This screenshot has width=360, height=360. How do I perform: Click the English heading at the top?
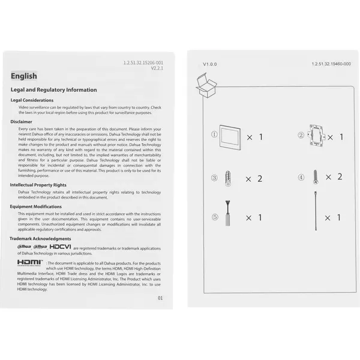pos(24,76)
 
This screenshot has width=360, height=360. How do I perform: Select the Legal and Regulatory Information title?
pos(53,90)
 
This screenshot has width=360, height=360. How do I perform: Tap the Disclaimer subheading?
pos(21,121)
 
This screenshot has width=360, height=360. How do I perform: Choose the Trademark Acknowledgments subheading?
pos(40,238)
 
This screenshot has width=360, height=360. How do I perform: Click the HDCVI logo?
pos(60,247)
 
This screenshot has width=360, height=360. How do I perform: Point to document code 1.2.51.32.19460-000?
pos(331,64)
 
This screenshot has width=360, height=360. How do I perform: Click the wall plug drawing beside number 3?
pos(227,179)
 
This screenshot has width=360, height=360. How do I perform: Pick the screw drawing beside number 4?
pos(313,177)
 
